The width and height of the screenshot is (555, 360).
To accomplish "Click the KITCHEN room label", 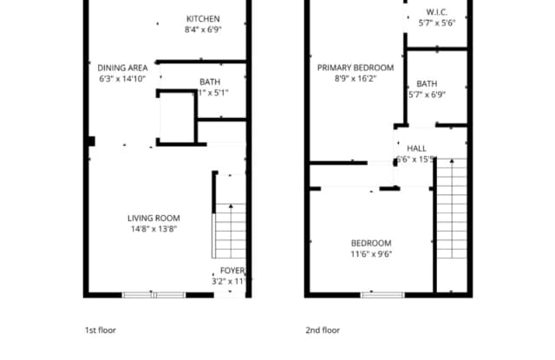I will tap(202, 19).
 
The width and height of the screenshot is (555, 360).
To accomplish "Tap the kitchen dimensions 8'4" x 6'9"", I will tap(202, 30).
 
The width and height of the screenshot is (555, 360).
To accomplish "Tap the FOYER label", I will tap(232, 271).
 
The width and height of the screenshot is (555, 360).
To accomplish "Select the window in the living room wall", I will tap(153, 295).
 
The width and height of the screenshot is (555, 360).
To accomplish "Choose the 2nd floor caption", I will tap(323, 331).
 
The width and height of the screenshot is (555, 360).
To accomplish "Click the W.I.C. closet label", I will tap(436, 12).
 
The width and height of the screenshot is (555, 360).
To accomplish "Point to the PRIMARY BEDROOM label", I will tap(355, 68).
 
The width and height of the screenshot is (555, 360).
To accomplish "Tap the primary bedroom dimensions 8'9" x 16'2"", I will tap(355, 79).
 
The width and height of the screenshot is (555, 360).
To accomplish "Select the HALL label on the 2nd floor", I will tap(416, 148).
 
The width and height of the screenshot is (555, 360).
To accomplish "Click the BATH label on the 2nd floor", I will tap(426, 84).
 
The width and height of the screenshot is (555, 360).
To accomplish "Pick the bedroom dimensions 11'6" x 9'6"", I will tap(370, 254).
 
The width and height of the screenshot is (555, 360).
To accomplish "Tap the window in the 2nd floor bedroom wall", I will tap(382, 295).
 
